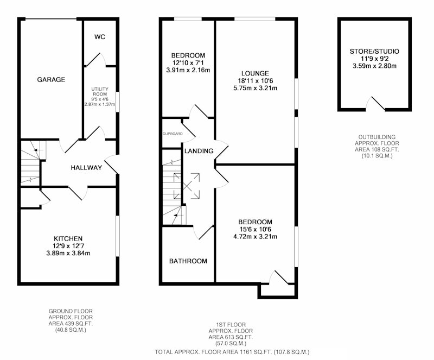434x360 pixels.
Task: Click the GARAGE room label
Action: point(51,79)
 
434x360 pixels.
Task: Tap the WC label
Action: point(100,37)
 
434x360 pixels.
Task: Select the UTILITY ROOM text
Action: point(100,91)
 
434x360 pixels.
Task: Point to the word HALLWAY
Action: point(86,167)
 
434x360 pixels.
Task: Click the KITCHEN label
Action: point(68,238)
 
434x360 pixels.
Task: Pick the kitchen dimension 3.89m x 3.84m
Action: point(68,253)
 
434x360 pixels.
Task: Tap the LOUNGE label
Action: point(255,73)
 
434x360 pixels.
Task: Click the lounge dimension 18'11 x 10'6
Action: point(255,81)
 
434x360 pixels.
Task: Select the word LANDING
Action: point(199,151)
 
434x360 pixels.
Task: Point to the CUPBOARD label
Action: point(173,134)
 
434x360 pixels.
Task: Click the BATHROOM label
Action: point(188,261)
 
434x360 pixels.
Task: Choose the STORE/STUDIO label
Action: point(374,51)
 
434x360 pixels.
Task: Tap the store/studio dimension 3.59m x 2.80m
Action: point(374,66)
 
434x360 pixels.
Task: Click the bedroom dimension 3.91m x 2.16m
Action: point(188,70)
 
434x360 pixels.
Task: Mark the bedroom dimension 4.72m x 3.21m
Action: point(255,237)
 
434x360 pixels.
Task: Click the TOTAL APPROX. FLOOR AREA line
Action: point(232,352)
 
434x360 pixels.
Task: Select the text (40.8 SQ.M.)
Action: point(71,330)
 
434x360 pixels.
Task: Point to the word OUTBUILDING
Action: point(377,137)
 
